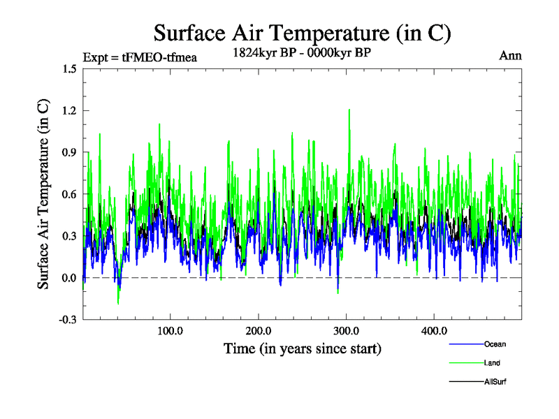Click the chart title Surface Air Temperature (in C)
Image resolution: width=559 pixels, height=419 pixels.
302,33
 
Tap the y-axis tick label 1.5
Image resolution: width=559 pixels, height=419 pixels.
69,68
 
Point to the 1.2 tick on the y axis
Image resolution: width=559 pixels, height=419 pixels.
69,110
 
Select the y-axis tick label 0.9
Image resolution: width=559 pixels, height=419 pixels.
69,152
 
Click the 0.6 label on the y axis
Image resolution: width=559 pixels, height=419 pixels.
69,194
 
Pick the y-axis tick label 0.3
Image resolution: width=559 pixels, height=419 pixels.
69,236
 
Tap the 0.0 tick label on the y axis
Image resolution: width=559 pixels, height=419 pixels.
69,278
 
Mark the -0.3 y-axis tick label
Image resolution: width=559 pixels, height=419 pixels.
68,320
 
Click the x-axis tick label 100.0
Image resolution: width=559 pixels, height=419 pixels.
170,331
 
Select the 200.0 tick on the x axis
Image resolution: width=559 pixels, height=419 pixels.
258,331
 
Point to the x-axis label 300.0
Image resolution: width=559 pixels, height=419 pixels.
346,331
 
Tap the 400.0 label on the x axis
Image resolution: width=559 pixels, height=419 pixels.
434,331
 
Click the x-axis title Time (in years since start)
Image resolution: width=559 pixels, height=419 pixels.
302,348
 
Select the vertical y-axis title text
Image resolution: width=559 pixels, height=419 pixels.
43,194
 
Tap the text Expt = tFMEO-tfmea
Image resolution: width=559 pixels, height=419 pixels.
140,57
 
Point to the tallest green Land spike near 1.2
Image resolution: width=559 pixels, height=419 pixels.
349,110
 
